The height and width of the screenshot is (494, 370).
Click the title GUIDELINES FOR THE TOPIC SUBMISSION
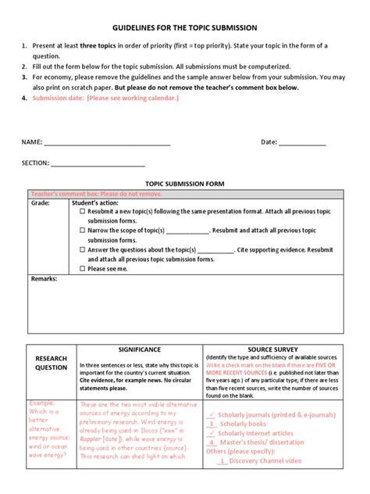tap(185, 27)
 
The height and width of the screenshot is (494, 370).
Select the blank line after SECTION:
tap(98, 164)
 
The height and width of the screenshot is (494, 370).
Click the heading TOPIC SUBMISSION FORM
tap(185, 184)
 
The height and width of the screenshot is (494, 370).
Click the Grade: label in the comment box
tap(41, 202)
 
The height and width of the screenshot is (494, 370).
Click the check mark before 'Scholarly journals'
tap(212, 413)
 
